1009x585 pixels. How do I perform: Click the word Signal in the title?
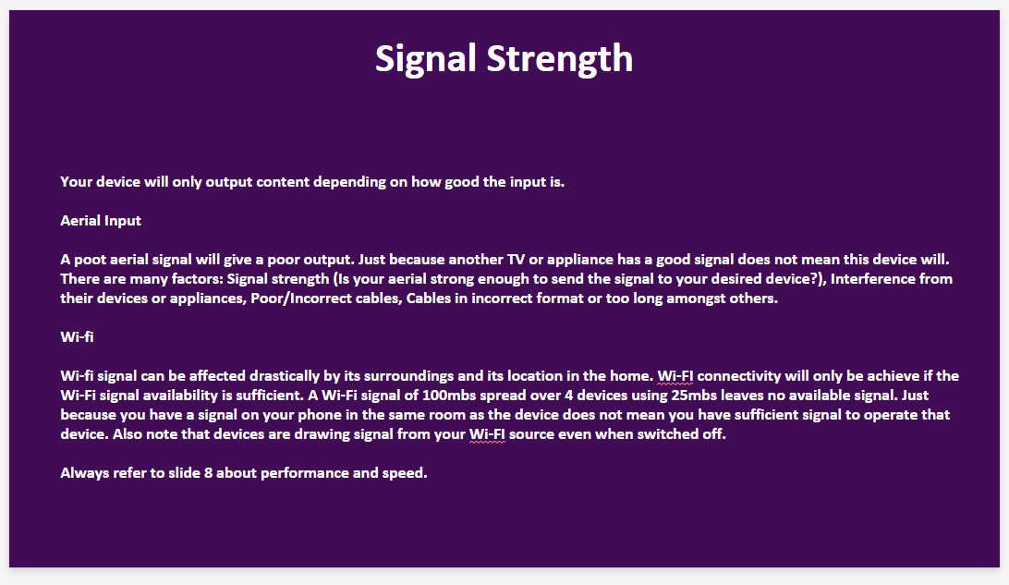(425, 59)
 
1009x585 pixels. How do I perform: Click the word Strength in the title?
(560, 59)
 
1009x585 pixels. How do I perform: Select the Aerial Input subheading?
(101, 221)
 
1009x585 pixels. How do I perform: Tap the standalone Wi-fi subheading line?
(77, 336)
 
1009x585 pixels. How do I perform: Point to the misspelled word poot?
(91, 260)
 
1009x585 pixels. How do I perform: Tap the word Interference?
(869, 279)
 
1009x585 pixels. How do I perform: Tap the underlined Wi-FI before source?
(486, 434)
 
